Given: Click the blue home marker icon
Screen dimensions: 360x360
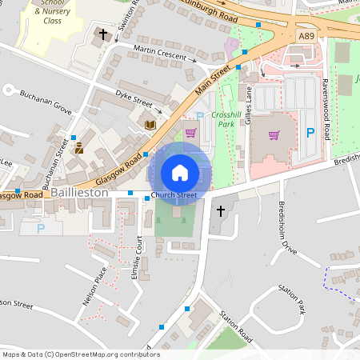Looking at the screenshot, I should tap(180, 173).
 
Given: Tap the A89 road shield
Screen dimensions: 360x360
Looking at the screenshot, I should tap(307, 36).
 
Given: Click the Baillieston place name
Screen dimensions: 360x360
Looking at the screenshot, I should tap(79, 194).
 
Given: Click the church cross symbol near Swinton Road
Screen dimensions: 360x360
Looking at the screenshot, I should tap(103, 35).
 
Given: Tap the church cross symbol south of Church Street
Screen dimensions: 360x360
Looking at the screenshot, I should tap(221, 211).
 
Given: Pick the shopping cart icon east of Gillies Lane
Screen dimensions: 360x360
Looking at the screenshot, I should tap(274, 134).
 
